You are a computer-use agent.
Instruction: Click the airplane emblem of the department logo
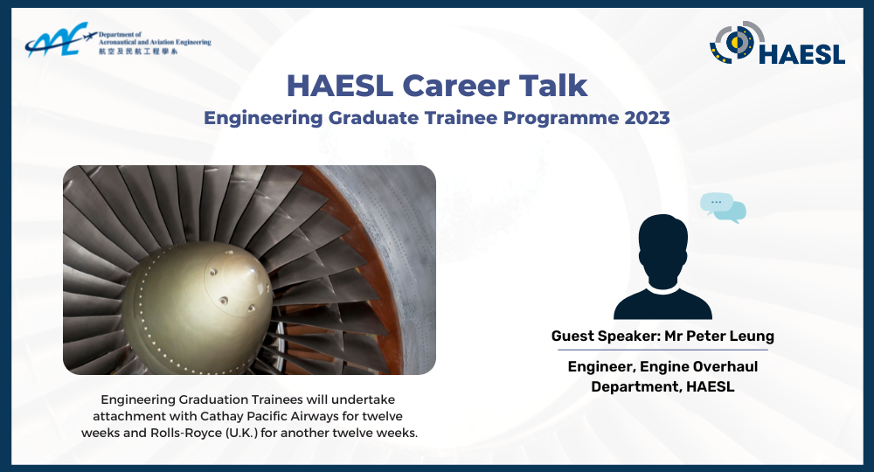[56, 40]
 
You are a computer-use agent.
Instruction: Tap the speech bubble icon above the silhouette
[724, 207]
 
